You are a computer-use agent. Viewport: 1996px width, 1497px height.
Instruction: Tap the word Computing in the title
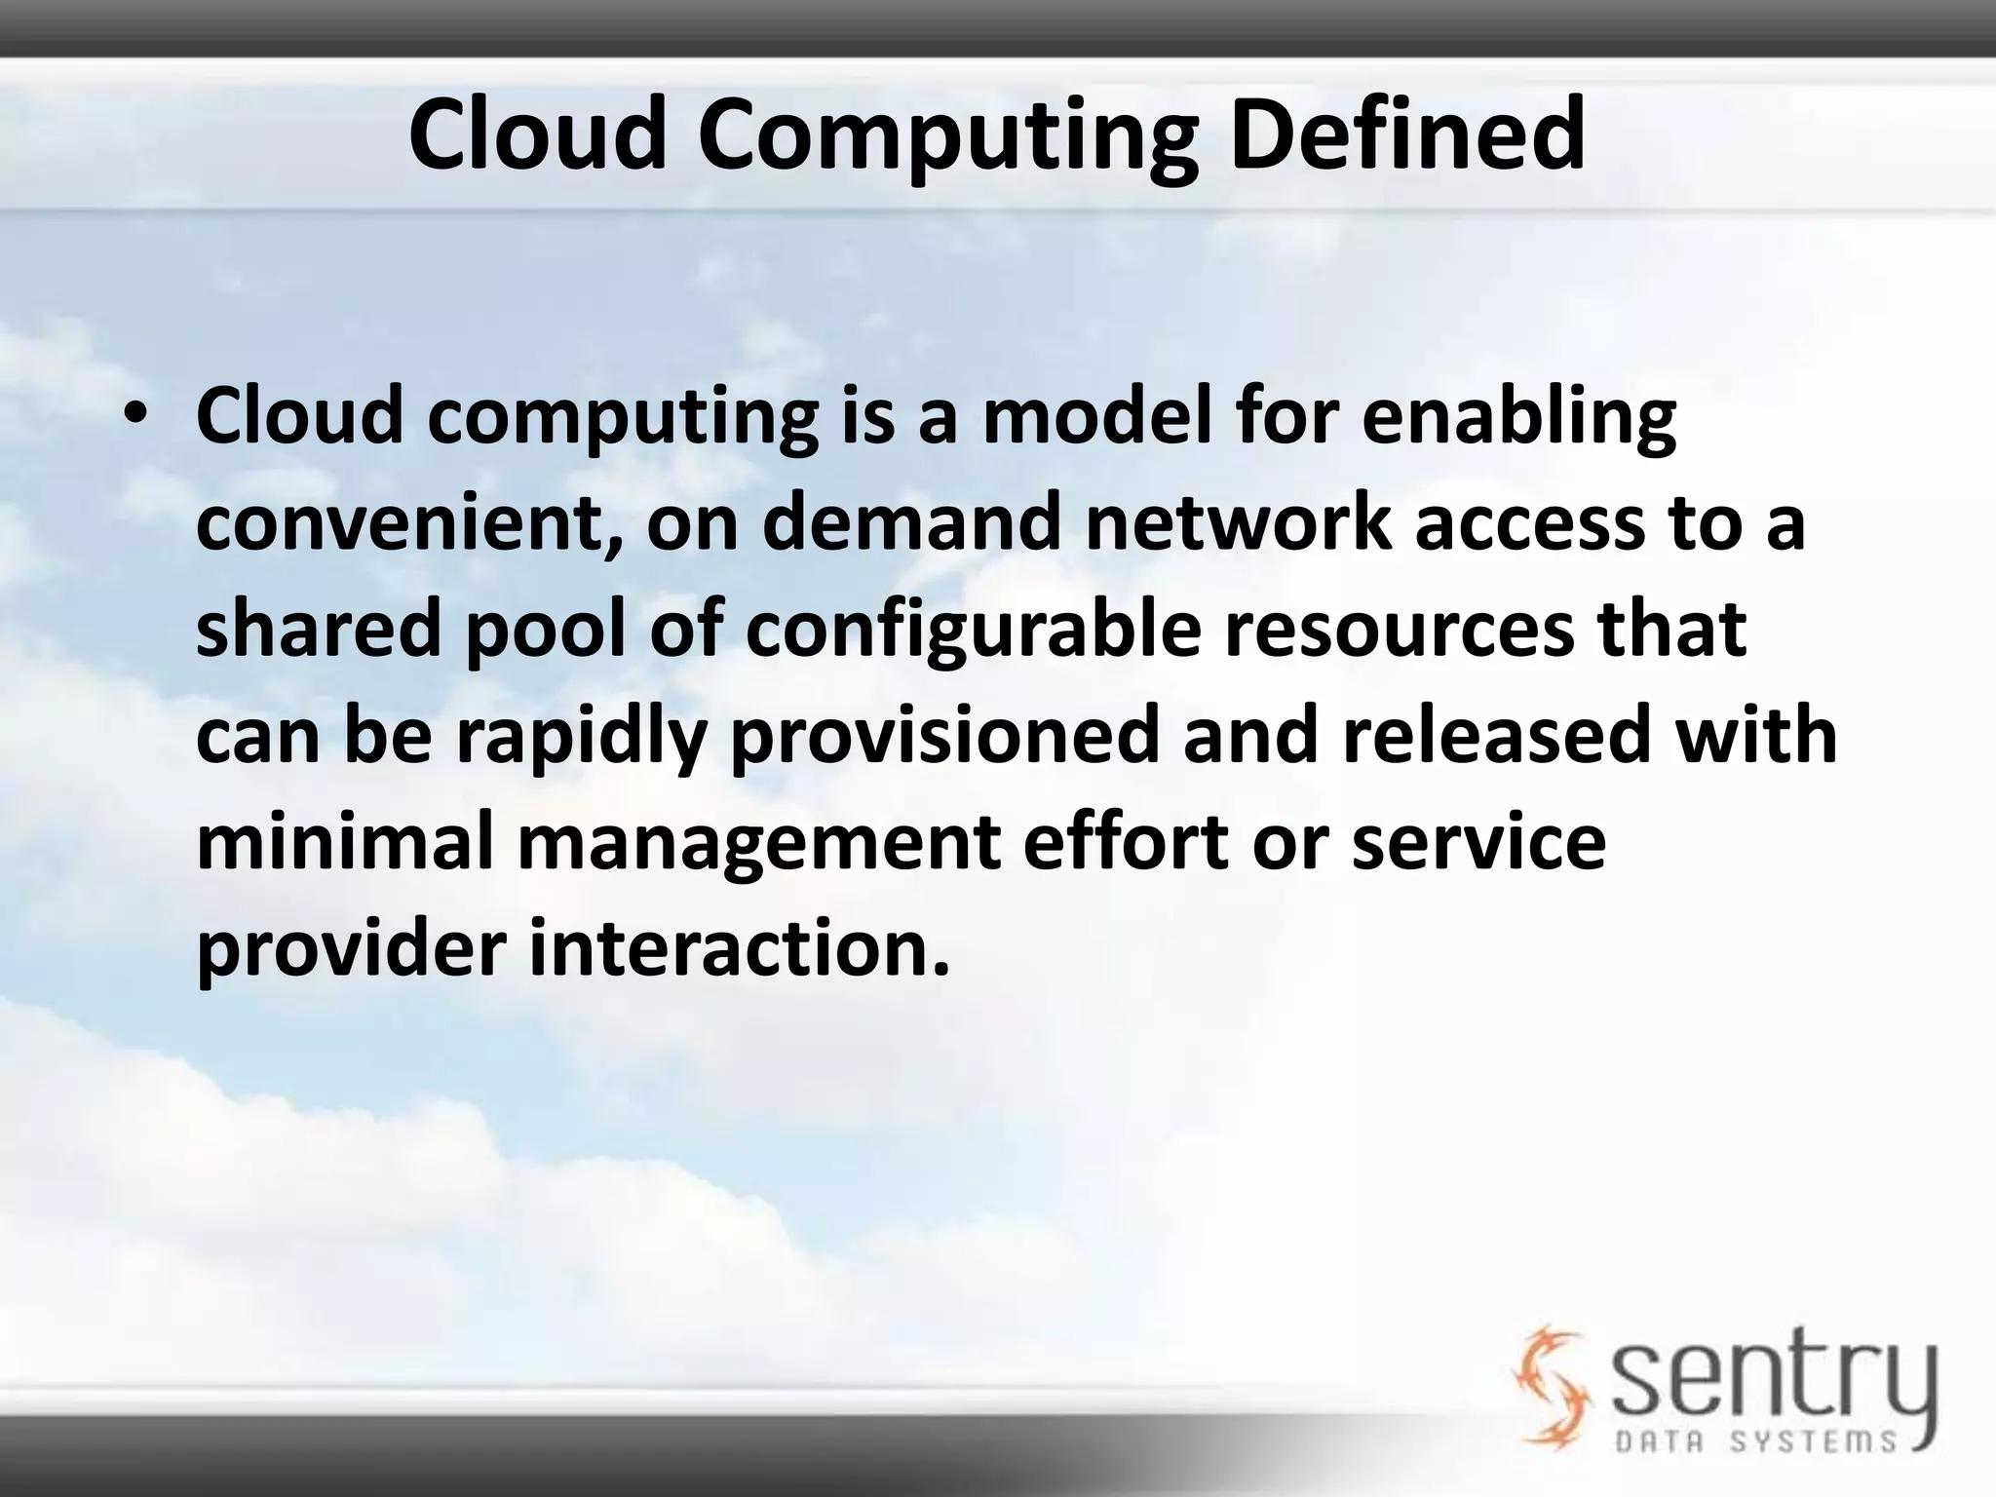pos(945,136)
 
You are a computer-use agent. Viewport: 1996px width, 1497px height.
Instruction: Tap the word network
pos(1237,522)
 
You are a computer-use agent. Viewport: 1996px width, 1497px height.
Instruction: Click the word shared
pos(320,629)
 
